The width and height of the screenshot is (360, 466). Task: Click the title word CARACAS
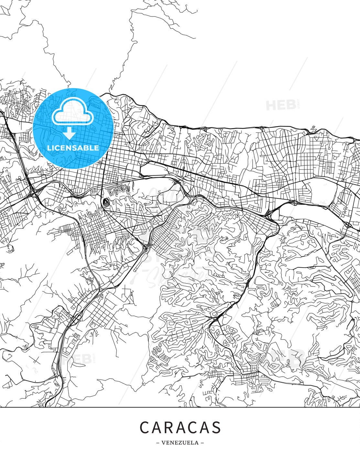coord(180,427)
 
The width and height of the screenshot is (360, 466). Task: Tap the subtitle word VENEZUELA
coord(180,443)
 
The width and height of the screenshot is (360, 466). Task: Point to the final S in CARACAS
coord(216,427)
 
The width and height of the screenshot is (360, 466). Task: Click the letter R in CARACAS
coord(169,427)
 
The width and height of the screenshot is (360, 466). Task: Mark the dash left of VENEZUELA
coord(158,443)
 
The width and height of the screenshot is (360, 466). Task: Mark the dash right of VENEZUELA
coord(202,443)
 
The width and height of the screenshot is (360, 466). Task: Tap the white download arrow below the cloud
coord(70,133)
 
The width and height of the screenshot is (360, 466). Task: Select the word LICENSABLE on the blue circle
coord(73,148)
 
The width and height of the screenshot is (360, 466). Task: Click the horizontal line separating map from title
coord(180,407)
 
